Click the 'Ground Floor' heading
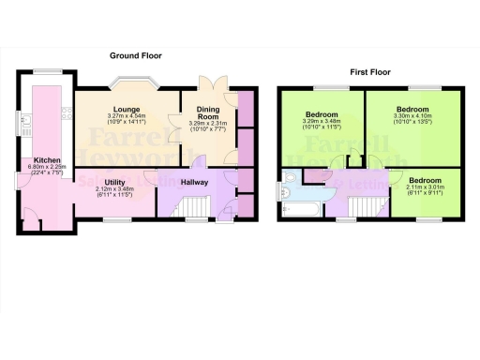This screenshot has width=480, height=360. [x=137, y=55]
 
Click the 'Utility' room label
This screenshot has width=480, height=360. [x=116, y=184]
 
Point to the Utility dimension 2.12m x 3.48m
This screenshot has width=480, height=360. [x=116, y=191]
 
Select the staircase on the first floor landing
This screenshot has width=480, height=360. [x=365, y=207]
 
